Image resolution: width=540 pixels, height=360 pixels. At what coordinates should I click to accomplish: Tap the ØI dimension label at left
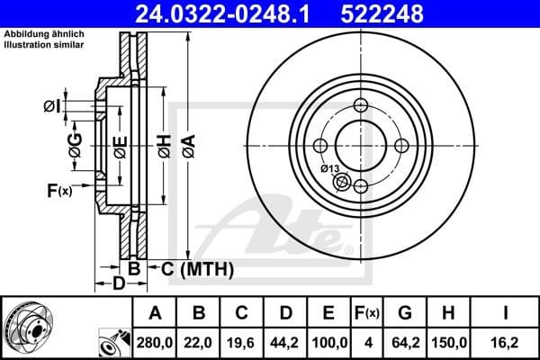click(52, 107)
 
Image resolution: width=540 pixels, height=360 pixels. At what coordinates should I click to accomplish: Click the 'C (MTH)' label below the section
click(198, 268)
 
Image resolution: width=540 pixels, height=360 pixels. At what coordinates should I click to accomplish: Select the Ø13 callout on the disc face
click(329, 167)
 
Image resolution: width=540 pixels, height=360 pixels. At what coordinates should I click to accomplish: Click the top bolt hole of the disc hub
click(360, 105)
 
